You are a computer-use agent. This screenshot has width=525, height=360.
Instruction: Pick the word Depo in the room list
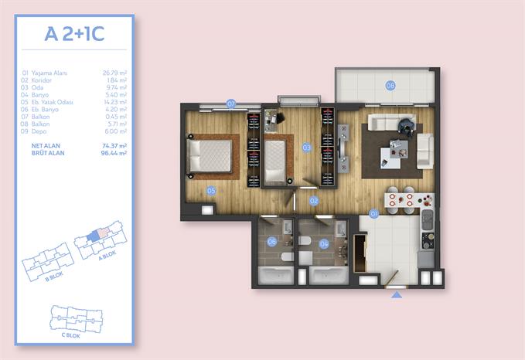pos(41,131)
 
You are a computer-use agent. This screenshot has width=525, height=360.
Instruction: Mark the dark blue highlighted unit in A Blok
pos(94,235)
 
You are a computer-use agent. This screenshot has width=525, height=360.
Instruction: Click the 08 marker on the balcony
pos(390,85)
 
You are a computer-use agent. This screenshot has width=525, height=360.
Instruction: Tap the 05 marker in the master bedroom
pos(210,190)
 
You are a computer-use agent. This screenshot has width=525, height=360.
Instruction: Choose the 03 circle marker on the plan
pos(306,147)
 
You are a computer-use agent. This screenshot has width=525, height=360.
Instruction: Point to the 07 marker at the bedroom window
pos(230,103)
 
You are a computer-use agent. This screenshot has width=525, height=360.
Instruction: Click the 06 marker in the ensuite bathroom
pos(272,242)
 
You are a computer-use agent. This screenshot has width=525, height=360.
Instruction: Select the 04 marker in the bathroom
pos(324,242)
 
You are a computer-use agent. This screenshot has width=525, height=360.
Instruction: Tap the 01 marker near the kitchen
pos(373,212)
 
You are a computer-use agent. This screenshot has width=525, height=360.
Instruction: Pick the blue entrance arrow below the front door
pos(397,294)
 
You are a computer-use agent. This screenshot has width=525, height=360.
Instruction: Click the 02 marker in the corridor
pos(314,201)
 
